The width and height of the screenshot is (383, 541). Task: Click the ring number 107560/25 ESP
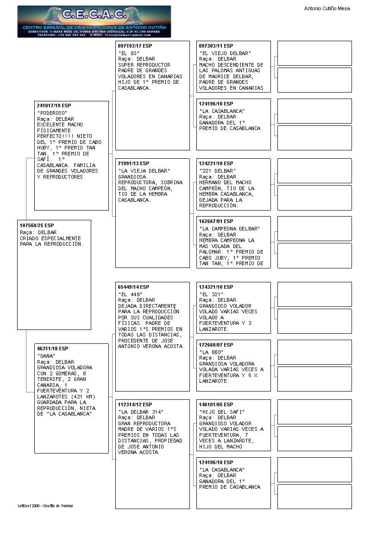click(37, 225)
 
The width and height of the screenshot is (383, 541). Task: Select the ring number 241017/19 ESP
click(54, 106)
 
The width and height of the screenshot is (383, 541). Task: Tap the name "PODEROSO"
click(52, 113)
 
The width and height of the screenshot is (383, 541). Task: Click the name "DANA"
click(46, 356)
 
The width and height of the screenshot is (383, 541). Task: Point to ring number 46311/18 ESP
click(52, 348)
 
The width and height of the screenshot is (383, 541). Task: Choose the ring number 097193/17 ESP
click(135, 46)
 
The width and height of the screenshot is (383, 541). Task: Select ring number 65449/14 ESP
click(133, 287)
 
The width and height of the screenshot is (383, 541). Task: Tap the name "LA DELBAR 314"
click(141, 412)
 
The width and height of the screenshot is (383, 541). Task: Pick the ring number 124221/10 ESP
click(216, 163)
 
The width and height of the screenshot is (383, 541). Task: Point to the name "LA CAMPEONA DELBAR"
click(229, 229)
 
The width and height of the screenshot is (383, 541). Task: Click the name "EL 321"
click(212, 294)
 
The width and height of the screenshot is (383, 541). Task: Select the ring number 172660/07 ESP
click(216, 345)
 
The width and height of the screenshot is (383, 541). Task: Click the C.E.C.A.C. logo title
click(94, 15)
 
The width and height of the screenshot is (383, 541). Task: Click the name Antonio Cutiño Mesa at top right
click(326, 8)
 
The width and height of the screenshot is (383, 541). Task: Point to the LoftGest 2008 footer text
click(45, 506)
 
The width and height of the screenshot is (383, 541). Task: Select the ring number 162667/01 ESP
click(216, 221)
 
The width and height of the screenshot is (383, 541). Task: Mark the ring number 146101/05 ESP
click(216, 404)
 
